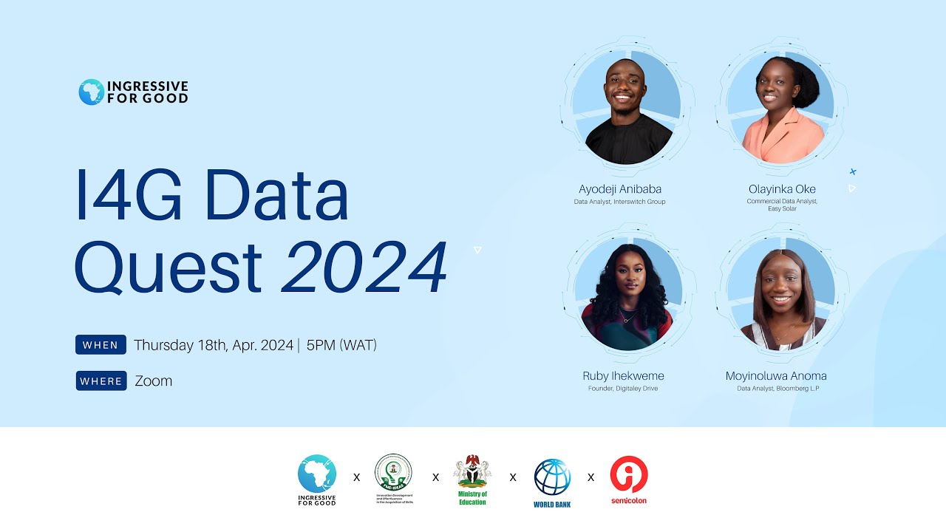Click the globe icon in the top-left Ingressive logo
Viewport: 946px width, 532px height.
pos(91,92)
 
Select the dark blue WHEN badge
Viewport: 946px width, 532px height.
pos(101,345)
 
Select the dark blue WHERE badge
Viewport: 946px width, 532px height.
pos(101,381)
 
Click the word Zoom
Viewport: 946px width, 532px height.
pos(154,381)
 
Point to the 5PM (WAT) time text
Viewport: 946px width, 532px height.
pos(341,345)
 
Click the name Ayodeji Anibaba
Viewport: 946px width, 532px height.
pos(620,189)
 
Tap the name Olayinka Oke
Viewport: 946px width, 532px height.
pos(782,189)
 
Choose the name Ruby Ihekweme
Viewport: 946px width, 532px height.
pos(623,376)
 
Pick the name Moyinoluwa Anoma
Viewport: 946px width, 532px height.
pos(776,376)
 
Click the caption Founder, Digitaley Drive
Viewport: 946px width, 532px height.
pos(622,389)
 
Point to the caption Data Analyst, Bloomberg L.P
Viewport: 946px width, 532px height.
pos(777,389)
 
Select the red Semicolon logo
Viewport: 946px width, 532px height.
pos(629,477)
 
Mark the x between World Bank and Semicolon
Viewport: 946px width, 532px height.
pos(591,477)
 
